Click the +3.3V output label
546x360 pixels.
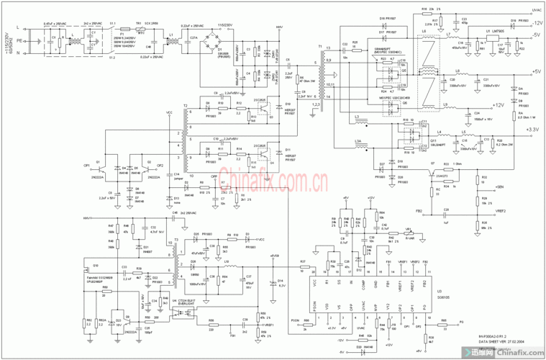532,129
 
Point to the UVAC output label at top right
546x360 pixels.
536,11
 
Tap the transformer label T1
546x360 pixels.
319,45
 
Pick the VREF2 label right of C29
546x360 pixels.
500,211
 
